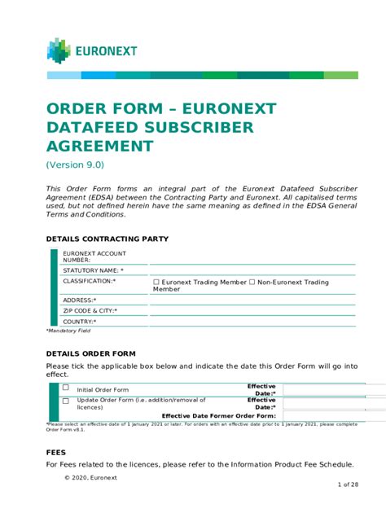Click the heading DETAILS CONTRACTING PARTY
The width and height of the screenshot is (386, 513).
coord(107,239)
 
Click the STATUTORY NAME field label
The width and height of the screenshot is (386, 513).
coord(93,270)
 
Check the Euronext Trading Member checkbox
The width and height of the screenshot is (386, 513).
coord(156,283)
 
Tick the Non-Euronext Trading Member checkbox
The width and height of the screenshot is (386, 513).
coord(252,283)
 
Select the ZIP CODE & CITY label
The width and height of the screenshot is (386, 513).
coord(90,310)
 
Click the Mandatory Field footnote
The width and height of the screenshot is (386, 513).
coord(68,331)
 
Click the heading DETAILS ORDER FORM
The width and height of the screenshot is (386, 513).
coord(90,355)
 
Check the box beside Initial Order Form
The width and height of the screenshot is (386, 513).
coord(66,388)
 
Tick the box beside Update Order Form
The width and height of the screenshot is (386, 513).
coord(66,401)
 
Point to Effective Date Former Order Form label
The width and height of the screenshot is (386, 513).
coord(219,415)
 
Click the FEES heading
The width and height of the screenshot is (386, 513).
coord(56,451)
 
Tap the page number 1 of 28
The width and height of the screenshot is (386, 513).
coord(348,484)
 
